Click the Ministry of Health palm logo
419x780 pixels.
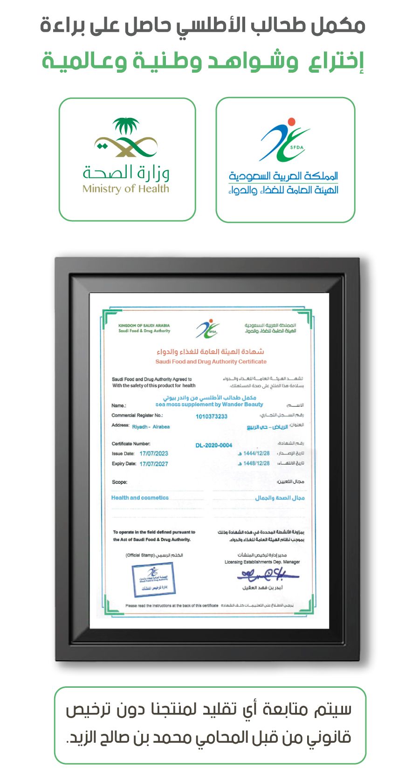tap(126, 137)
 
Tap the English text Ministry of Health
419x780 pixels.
tap(125, 189)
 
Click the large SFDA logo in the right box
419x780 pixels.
tap(285, 140)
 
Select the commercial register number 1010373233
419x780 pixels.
tap(212, 416)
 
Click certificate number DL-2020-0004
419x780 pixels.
tap(213, 445)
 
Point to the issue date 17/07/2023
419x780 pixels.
tap(154, 453)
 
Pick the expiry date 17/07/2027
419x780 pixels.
tap(154, 464)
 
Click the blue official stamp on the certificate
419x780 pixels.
tap(153, 579)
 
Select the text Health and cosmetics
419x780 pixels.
tap(140, 498)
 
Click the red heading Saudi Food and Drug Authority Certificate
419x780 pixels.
tap(211, 362)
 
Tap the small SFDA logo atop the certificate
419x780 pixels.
tap(207, 329)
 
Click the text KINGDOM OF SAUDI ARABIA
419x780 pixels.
tap(144, 325)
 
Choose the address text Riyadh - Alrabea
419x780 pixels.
tap(151, 427)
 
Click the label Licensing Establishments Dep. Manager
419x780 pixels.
tap(262, 562)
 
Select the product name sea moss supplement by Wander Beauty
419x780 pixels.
tap(209, 404)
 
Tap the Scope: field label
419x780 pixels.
tap(119, 482)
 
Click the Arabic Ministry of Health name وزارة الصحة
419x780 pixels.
tap(126, 173)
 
